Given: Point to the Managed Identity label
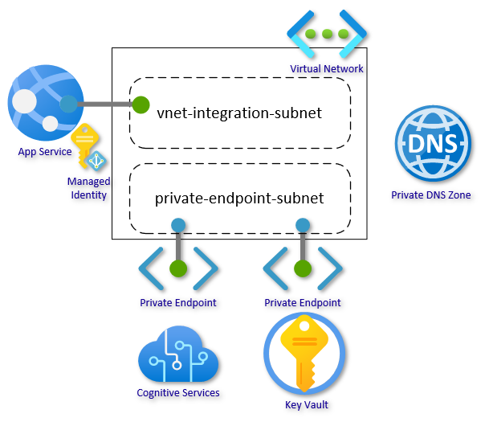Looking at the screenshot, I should tap(88, 188).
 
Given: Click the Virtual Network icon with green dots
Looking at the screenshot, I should tap(327, 35).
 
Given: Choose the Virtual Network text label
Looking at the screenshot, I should tap(327, 69).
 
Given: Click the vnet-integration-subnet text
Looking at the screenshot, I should tap(239, 113).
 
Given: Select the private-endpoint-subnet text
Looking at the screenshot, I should tap(239, 198).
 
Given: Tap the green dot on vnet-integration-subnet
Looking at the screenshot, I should tap(141, 104).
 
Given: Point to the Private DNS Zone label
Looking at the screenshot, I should tap(431, 195).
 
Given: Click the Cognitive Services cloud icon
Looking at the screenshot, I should tap(177, 357).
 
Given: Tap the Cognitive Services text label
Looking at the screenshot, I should tap(178, 393).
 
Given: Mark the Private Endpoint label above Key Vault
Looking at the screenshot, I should tap(303, 303).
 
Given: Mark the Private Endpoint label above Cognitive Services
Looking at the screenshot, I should tap(178, 303).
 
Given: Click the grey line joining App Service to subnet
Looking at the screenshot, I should tap(104, 104).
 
